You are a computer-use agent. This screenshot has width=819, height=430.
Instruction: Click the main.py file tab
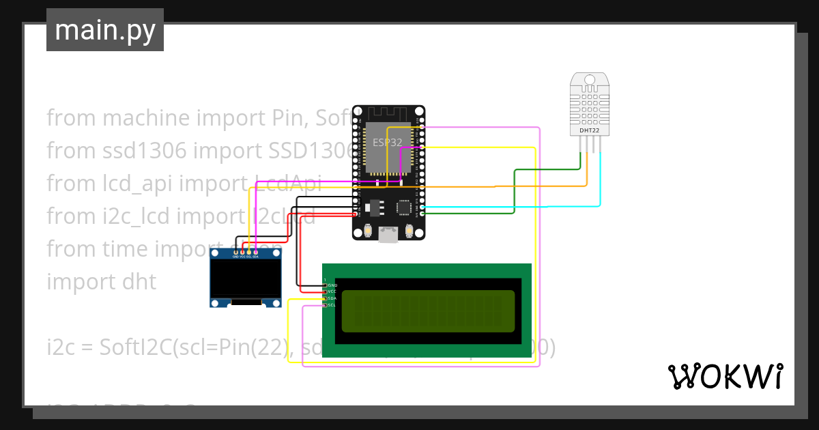tap(104, 30)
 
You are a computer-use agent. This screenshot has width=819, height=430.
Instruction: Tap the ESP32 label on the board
tap(387, 143)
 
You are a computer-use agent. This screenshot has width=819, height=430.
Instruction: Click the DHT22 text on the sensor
tap(589, 130)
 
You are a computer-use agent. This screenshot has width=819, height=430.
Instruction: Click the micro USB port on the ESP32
tap(388, 235)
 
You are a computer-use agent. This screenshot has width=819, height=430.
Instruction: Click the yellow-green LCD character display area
tap(427, 311)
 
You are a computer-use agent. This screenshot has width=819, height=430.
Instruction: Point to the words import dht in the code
tap(101, 281)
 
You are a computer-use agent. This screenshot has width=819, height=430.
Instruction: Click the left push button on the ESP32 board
tap(368, 231)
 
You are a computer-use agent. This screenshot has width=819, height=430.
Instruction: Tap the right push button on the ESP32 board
tap(409, 231)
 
